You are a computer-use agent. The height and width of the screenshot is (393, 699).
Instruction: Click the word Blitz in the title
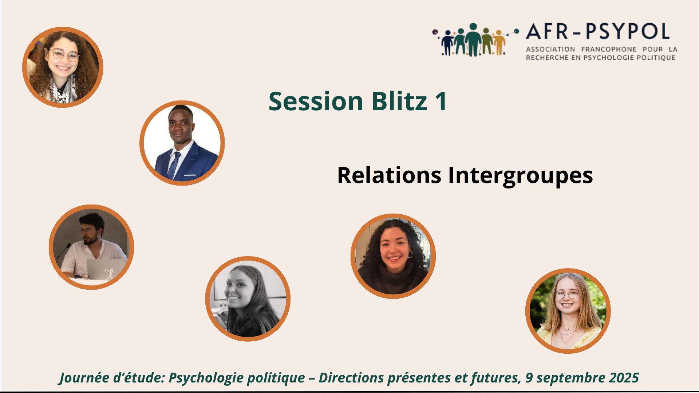[399, 101]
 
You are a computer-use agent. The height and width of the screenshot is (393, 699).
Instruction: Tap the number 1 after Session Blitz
[441, 101]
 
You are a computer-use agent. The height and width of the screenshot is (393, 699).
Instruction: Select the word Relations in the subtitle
[389, 175]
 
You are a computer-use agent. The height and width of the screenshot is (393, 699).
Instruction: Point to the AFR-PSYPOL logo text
[598, 31]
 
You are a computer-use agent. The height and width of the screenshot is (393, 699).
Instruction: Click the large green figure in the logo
[473, 40]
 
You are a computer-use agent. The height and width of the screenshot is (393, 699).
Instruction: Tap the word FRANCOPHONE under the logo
[609, 49]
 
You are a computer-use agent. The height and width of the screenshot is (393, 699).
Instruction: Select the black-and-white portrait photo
[248, 299]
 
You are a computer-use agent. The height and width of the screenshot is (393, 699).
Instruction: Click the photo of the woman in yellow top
[568, 311]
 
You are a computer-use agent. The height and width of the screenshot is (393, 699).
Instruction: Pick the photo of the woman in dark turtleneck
[393, 256]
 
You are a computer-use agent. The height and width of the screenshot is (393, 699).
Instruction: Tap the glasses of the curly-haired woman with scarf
[64, 55]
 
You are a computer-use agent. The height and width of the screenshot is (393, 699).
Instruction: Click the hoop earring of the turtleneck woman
[410, 254]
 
